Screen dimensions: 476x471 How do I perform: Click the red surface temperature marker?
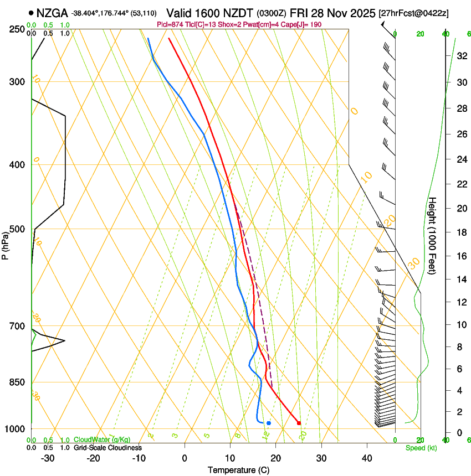pos(299,423)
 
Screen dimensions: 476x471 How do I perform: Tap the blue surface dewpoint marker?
pos(269,423)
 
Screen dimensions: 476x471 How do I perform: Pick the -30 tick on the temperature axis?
pos(48,458)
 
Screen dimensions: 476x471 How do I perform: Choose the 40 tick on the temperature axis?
pos(366,458)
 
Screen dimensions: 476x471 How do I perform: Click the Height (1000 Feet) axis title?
pos(433,236)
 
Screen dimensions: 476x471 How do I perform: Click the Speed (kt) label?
pos(421,448)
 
